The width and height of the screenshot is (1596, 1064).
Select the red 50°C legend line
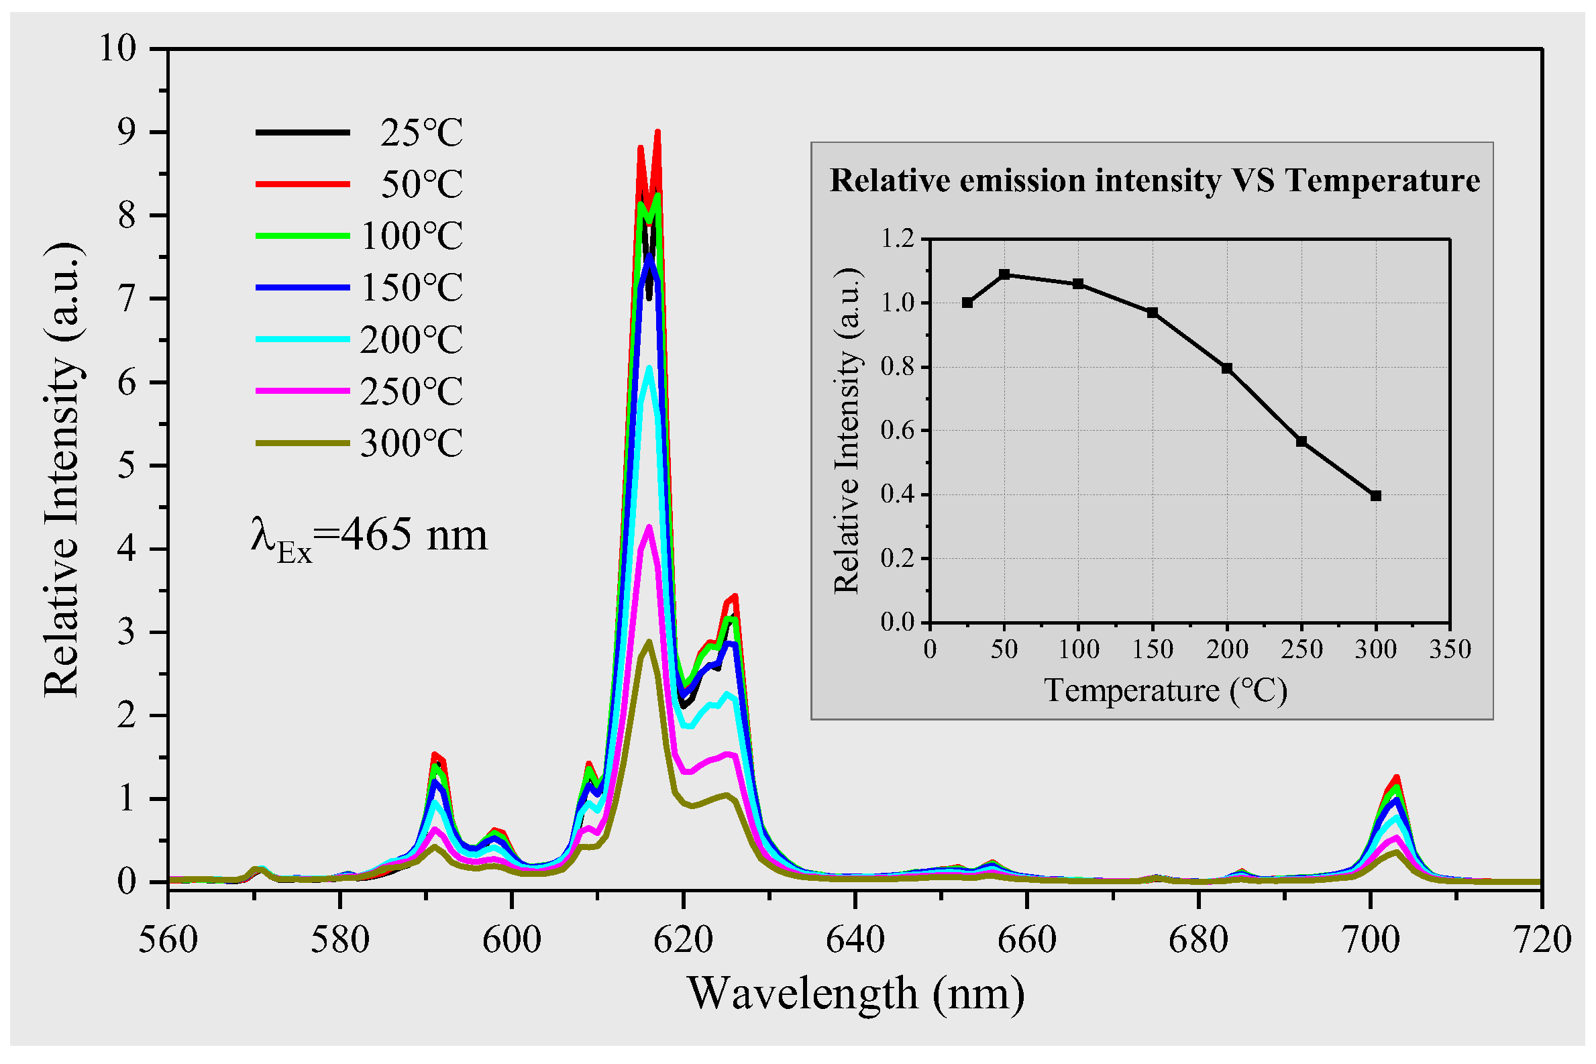(x=303, y=184)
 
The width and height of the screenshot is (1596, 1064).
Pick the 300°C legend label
(x=411, y=444)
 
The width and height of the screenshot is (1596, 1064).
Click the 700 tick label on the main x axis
(x=1371, y=941)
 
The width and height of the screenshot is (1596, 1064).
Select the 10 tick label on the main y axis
(x=118, y=49)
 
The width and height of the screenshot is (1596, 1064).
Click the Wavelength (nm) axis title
(x=855, y=994)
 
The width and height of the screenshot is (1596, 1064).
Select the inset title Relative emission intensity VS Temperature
(x=1155, y=180)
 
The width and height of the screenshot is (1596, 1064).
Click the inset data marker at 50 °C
(x=1004, y=275)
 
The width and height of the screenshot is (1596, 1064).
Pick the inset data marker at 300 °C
(x=1375, y=496)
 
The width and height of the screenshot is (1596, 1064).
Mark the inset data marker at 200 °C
(x=1227, y=368)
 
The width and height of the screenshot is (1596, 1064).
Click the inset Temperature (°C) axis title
(x=1165, y=691)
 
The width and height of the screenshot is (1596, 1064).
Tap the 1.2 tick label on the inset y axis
(x=896, y=239)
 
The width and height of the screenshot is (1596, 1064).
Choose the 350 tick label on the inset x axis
(x=1450, y=650)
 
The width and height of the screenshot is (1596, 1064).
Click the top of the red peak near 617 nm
(x=657, y=133)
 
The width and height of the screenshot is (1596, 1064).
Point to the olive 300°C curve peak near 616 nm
(x=649, y=642)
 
